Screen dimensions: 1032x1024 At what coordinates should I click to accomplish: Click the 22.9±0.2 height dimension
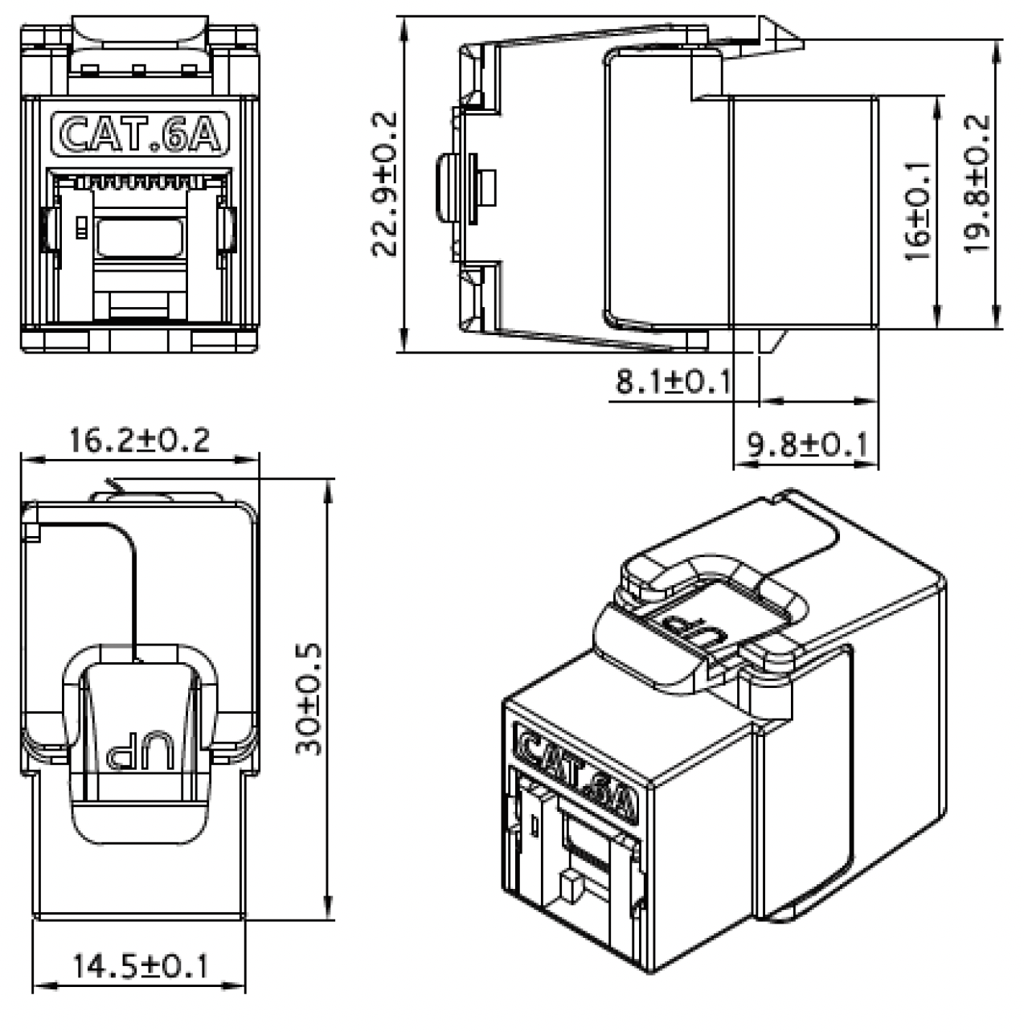(385, 184)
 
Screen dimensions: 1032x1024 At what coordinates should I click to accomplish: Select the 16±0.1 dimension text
(917, 211)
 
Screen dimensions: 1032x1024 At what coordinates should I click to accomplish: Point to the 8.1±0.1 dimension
(673, 381)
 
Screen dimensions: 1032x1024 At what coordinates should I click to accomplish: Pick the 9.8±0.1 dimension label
(808, 443)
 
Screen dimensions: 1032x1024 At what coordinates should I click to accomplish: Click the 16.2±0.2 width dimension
(138, 440)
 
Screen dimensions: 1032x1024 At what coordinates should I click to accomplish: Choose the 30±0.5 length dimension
(309, 698)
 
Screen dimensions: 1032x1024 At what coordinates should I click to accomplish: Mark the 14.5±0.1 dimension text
(140, 965)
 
